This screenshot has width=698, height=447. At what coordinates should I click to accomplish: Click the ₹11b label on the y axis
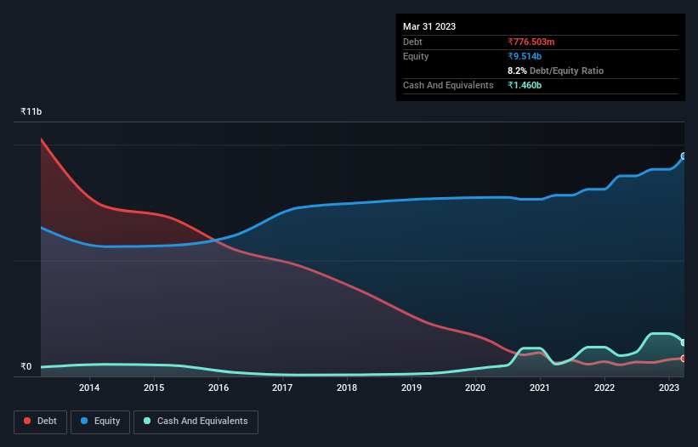31,112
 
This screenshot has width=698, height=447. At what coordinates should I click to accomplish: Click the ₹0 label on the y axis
26,367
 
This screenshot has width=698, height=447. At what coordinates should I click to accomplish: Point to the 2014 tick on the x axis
89,388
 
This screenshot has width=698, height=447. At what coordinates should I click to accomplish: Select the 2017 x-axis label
282,388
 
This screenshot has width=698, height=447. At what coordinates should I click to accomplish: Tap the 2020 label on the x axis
475,388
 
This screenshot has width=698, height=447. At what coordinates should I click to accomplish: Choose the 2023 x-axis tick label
669,388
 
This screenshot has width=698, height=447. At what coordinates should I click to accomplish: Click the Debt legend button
41,421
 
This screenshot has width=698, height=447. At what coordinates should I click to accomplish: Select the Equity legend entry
100,421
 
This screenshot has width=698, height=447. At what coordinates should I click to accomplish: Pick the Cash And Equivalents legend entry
196,421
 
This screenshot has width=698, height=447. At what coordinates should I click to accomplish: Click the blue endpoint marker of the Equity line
684,156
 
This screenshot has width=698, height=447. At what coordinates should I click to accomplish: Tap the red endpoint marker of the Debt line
684,359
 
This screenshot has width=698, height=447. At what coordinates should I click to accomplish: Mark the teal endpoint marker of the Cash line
684,342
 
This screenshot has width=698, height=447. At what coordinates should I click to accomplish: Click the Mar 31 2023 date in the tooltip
429,26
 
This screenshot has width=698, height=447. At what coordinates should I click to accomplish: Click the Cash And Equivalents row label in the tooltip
448,85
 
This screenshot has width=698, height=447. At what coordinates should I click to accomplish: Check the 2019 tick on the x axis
411,388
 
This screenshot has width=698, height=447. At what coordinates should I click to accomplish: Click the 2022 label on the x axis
604,388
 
